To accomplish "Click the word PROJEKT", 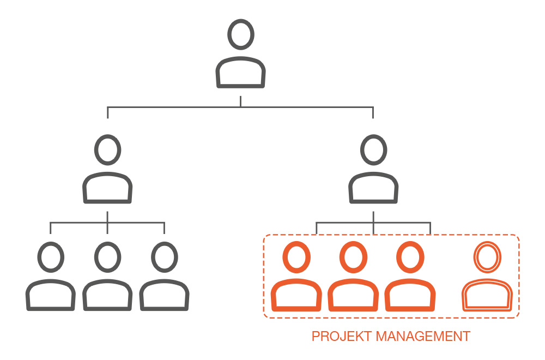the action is tap(342, 337).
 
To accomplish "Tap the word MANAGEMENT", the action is tap(423, 337).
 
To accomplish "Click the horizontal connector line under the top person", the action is tap(240, 107).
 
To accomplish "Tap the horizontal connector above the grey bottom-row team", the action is tap(107, 222).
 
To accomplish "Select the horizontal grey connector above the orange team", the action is tap(373, 222).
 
